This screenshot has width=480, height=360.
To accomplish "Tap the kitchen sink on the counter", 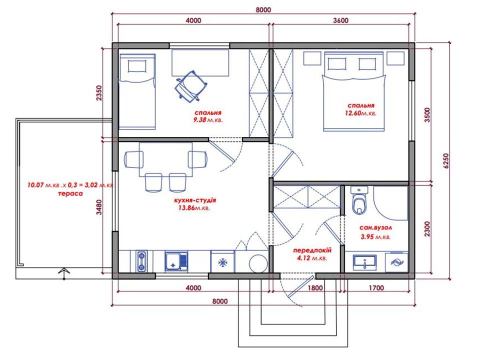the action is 176,261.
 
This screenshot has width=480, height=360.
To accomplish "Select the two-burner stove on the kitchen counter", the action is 141,261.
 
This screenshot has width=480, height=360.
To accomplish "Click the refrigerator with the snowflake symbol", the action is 222,261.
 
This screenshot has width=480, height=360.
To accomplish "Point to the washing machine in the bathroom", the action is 396,262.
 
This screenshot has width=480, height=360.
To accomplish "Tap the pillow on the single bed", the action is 137,66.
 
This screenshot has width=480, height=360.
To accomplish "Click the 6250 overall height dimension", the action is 445,160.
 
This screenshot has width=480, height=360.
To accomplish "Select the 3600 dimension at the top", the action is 340,20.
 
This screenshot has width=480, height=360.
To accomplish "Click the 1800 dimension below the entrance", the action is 315,288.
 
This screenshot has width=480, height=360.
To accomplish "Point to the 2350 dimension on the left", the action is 98,93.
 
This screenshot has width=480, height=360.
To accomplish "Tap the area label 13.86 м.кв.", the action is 192,208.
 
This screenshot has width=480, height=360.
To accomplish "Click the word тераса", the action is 70,194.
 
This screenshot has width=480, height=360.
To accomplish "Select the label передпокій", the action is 312,250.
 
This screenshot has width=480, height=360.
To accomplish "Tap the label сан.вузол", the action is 375,228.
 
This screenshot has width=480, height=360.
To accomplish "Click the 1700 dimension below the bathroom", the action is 376,288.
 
